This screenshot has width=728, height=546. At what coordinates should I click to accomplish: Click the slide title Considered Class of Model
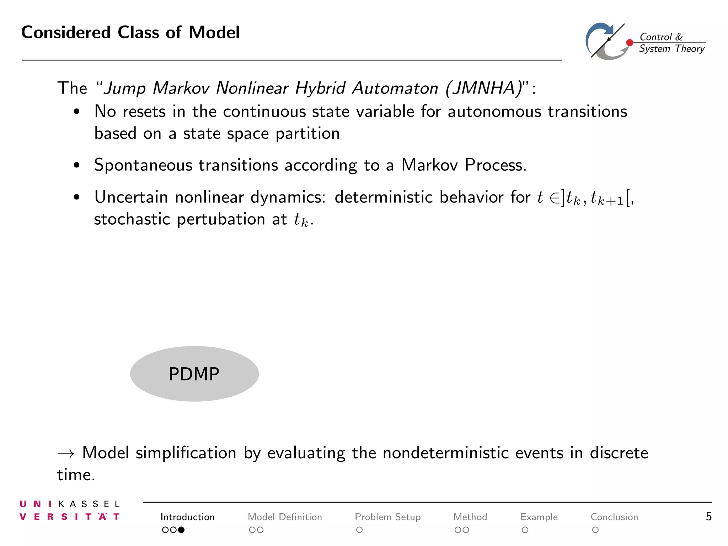130,32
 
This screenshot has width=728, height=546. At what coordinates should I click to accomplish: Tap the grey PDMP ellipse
194,374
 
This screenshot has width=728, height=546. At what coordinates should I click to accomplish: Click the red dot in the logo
630,43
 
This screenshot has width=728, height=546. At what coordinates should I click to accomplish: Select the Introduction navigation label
187,517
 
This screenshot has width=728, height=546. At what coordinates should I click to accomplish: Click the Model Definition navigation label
285,517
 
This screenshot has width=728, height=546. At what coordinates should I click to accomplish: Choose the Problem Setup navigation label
387,517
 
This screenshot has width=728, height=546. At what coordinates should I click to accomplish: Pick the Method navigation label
470,517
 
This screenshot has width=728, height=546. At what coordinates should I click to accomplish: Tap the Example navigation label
539,517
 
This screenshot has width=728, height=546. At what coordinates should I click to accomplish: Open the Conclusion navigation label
614,517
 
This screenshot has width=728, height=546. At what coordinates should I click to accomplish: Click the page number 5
708,516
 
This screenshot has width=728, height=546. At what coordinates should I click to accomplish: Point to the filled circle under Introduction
181,530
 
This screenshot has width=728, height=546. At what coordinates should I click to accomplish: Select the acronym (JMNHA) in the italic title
483,88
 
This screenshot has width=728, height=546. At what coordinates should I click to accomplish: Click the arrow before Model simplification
66,454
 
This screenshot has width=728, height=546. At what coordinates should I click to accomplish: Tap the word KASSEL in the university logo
89,504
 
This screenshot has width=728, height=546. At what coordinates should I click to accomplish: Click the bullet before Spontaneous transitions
76,165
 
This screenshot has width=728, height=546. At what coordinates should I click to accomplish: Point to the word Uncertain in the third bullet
131,197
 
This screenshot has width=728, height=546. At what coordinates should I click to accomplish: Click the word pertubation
221,219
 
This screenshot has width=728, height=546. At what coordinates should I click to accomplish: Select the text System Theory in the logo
671,49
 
